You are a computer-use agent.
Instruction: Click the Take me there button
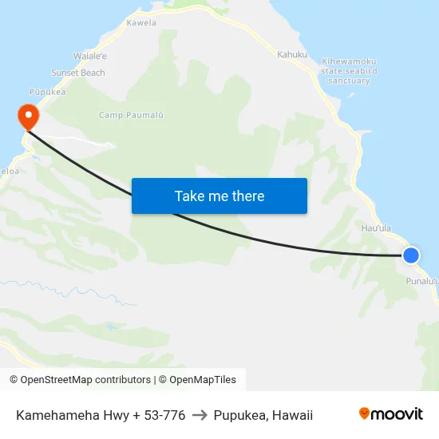pyautogui.click(x=219, y=196)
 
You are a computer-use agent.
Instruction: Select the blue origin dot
pyautogui.click(x=410, y=255)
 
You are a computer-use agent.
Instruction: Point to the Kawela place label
pyautogui.click(x=141, y=23)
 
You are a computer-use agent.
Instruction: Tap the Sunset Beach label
pyautogui.click(x=78, y=73)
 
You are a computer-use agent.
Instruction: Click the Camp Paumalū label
pyautogui.click(x=131, y=115)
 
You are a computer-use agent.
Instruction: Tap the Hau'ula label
pyautogui.click(x=376, y=228)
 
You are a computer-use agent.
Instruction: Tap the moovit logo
pyautogui.click(x=390, y=414)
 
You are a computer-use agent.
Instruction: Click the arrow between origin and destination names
pyautogui.click(x=200, y=415)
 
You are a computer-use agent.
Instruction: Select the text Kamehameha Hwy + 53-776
pyautogui.click(x=101, y=415)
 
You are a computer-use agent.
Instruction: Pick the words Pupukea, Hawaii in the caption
pyautogui.click(x=263, y=415)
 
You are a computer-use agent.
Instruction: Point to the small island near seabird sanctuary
pyautogui.click(x=352, y=97)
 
